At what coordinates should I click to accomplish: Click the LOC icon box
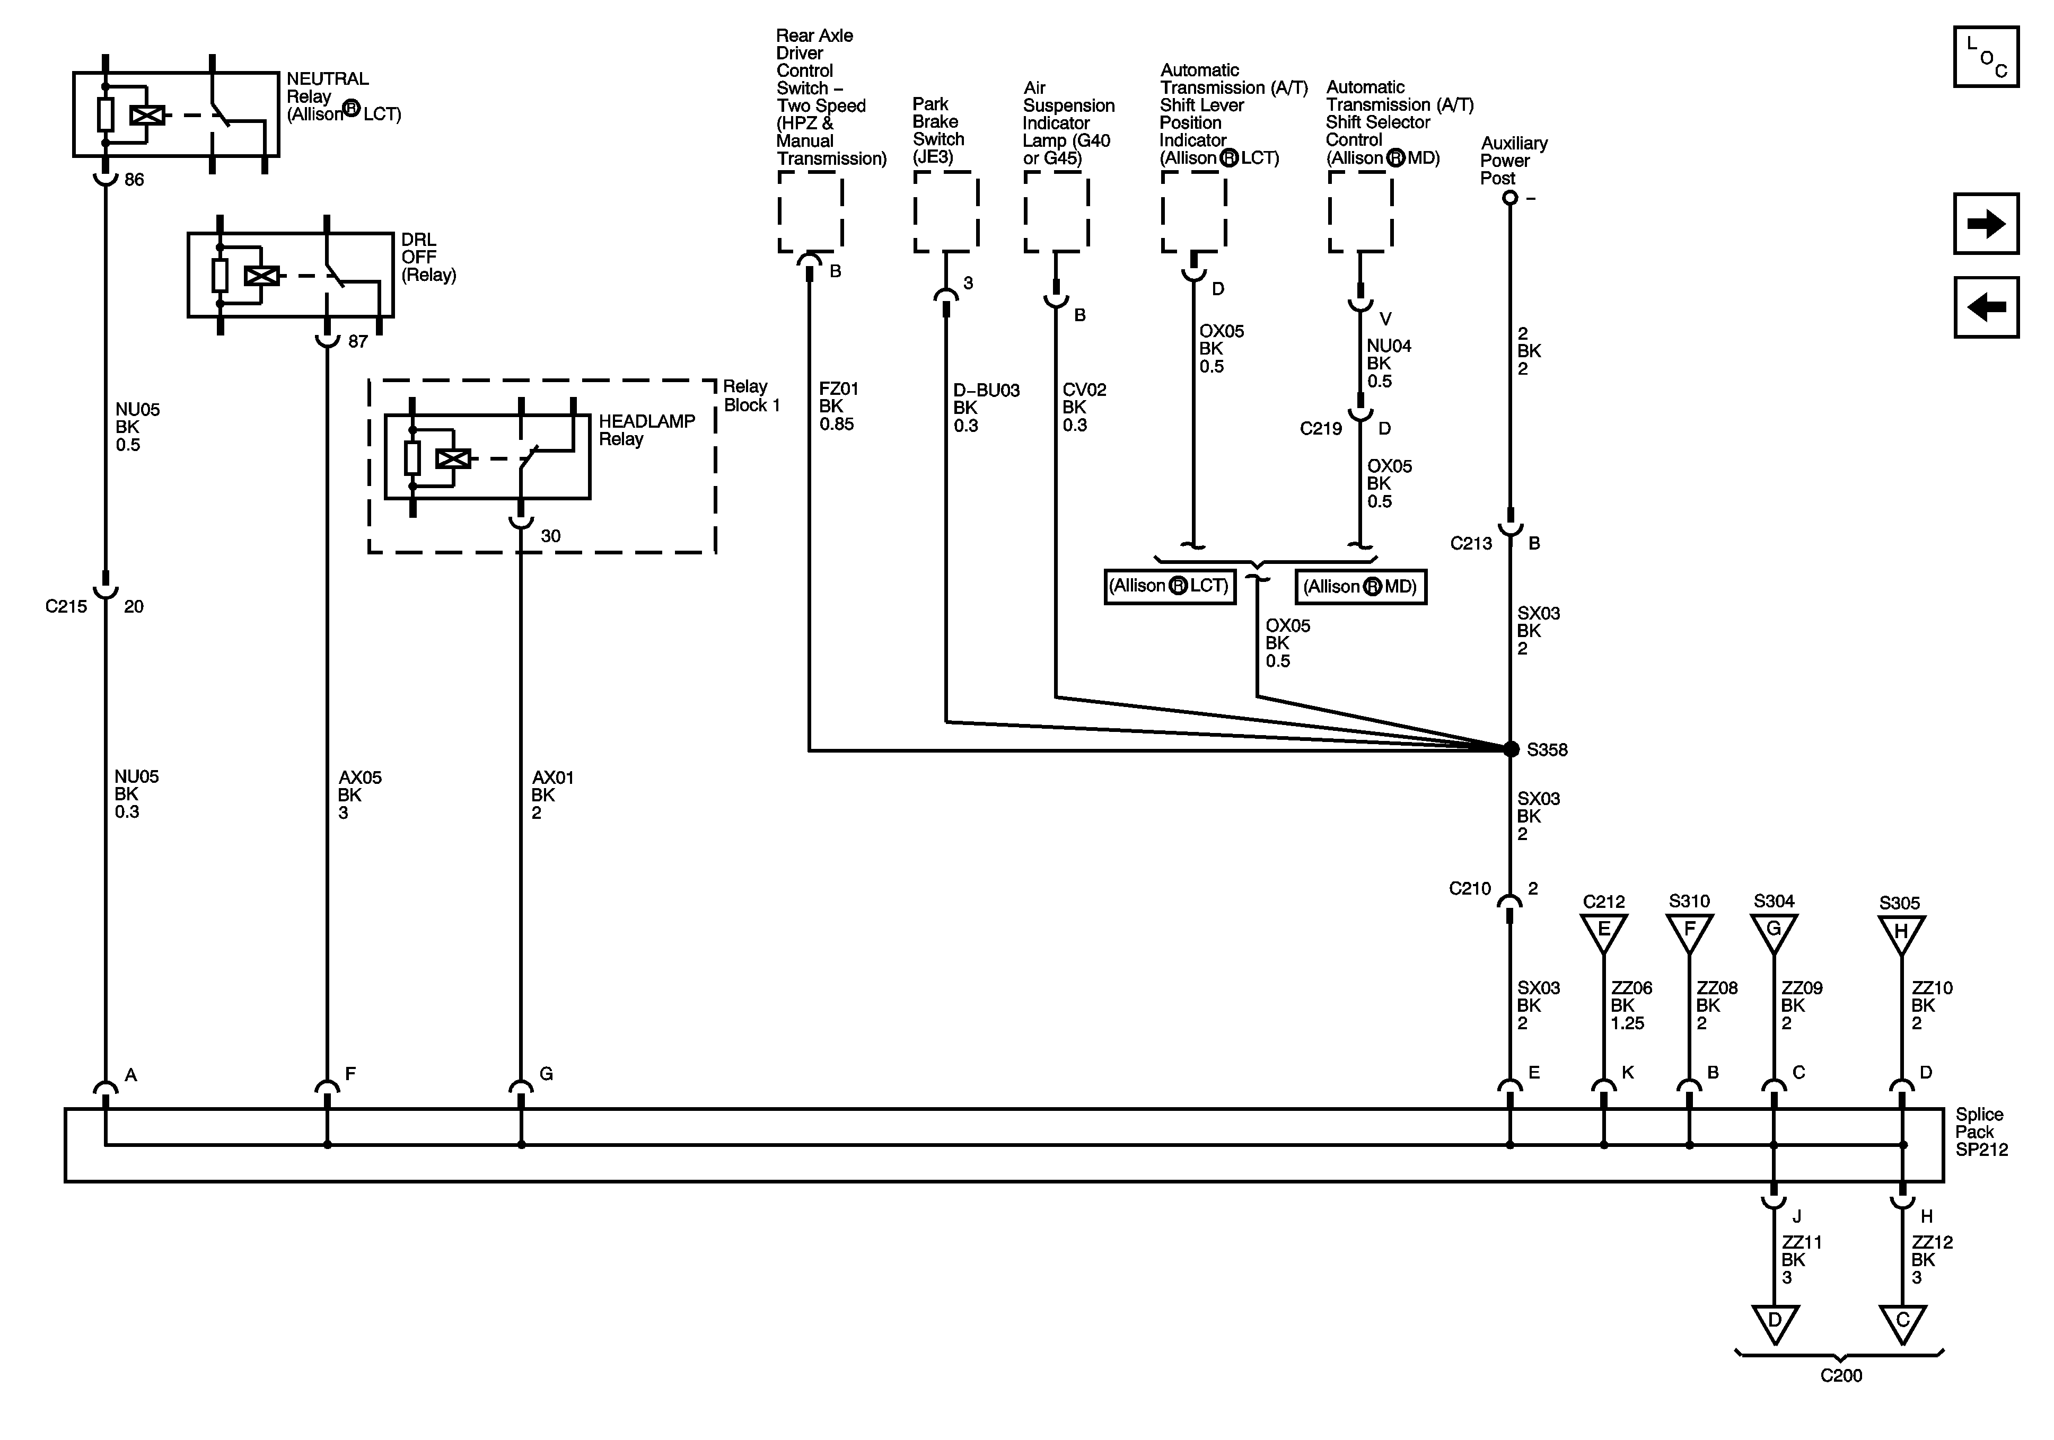tap(1986, 57)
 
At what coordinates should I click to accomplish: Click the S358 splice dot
tap(1511, 749)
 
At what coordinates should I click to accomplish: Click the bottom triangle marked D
tap(1775, 1323)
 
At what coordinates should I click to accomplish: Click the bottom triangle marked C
tap(1903, 1323)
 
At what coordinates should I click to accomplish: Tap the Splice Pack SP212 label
tap(1981, 1132)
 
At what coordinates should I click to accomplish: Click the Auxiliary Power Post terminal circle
tap(1510, 198)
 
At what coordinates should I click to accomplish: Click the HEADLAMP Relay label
tap(646, 430)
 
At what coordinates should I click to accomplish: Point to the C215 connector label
tap(66, 606)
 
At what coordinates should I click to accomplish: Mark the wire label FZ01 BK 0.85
tap(838, 406)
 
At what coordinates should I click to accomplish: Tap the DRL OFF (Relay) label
tap(428, 258)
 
